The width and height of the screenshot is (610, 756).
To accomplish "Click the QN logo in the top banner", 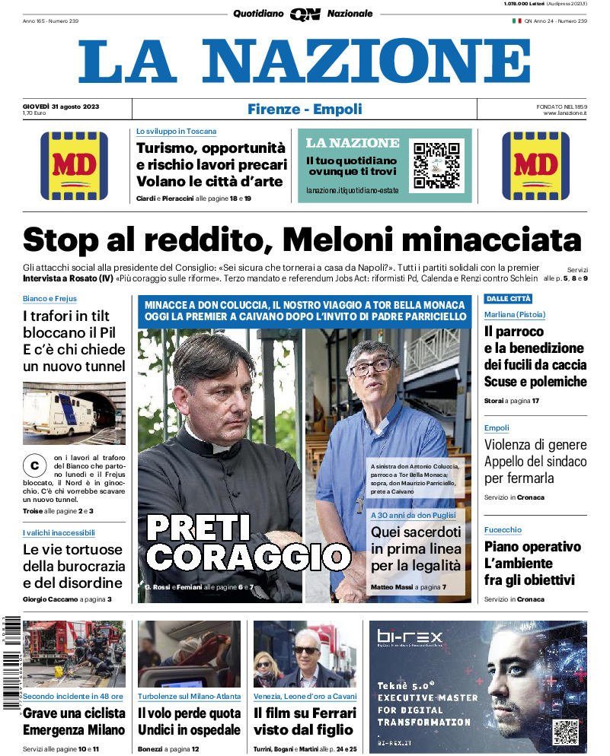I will pyautogui.click(x=305, y=14).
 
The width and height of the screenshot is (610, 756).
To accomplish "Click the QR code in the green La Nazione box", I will pyautogui.click(x=436, y=164).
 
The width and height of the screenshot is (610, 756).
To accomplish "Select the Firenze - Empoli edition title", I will pyautogui.click(x=305, y=110).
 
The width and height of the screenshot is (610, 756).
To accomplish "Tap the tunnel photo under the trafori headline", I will pyautogui.click(x=74, y=413).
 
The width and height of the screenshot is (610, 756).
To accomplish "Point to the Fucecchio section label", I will pyautogui.click(x=503, y=529).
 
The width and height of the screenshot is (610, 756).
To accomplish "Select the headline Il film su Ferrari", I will pyautogui.click(x=305, y=713).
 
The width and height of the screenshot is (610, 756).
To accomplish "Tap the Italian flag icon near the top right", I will pyautogui.click(x=516, y=21).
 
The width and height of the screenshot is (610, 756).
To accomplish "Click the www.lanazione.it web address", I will pyautogui.click(x=565, y=113).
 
